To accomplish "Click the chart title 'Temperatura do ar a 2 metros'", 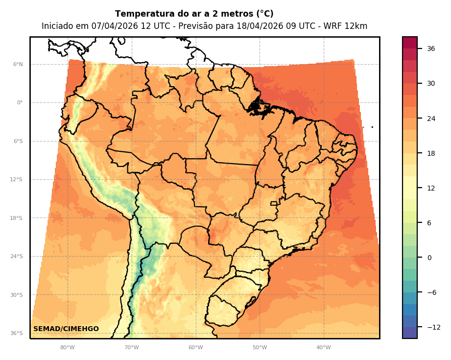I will (x=194, y=14).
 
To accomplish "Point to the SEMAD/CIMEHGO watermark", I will (x=66, y=329).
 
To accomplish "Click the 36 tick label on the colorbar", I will (x=431, y=48).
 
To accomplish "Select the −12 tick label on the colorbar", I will (x=433, y=327).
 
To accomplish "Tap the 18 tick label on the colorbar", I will (x=431, y=153).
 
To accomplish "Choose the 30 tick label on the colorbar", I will (x=431, y=83).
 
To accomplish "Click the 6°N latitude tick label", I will (x=18, y=64).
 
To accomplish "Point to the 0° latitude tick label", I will (x=20, y=103).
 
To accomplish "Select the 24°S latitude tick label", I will (x=17, y=256).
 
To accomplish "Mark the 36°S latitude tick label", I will (x=17, y=333).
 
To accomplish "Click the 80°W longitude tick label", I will (x=68, y=348).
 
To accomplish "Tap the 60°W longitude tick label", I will (x=196, y=348).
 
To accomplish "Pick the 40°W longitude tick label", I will (x=324, y=348).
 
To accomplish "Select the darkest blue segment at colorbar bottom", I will (x=410, y=333).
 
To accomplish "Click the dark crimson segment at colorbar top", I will (x=410, y=42).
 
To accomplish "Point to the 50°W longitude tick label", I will (x=260, y=348).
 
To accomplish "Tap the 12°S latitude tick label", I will (x=17, y=179).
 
